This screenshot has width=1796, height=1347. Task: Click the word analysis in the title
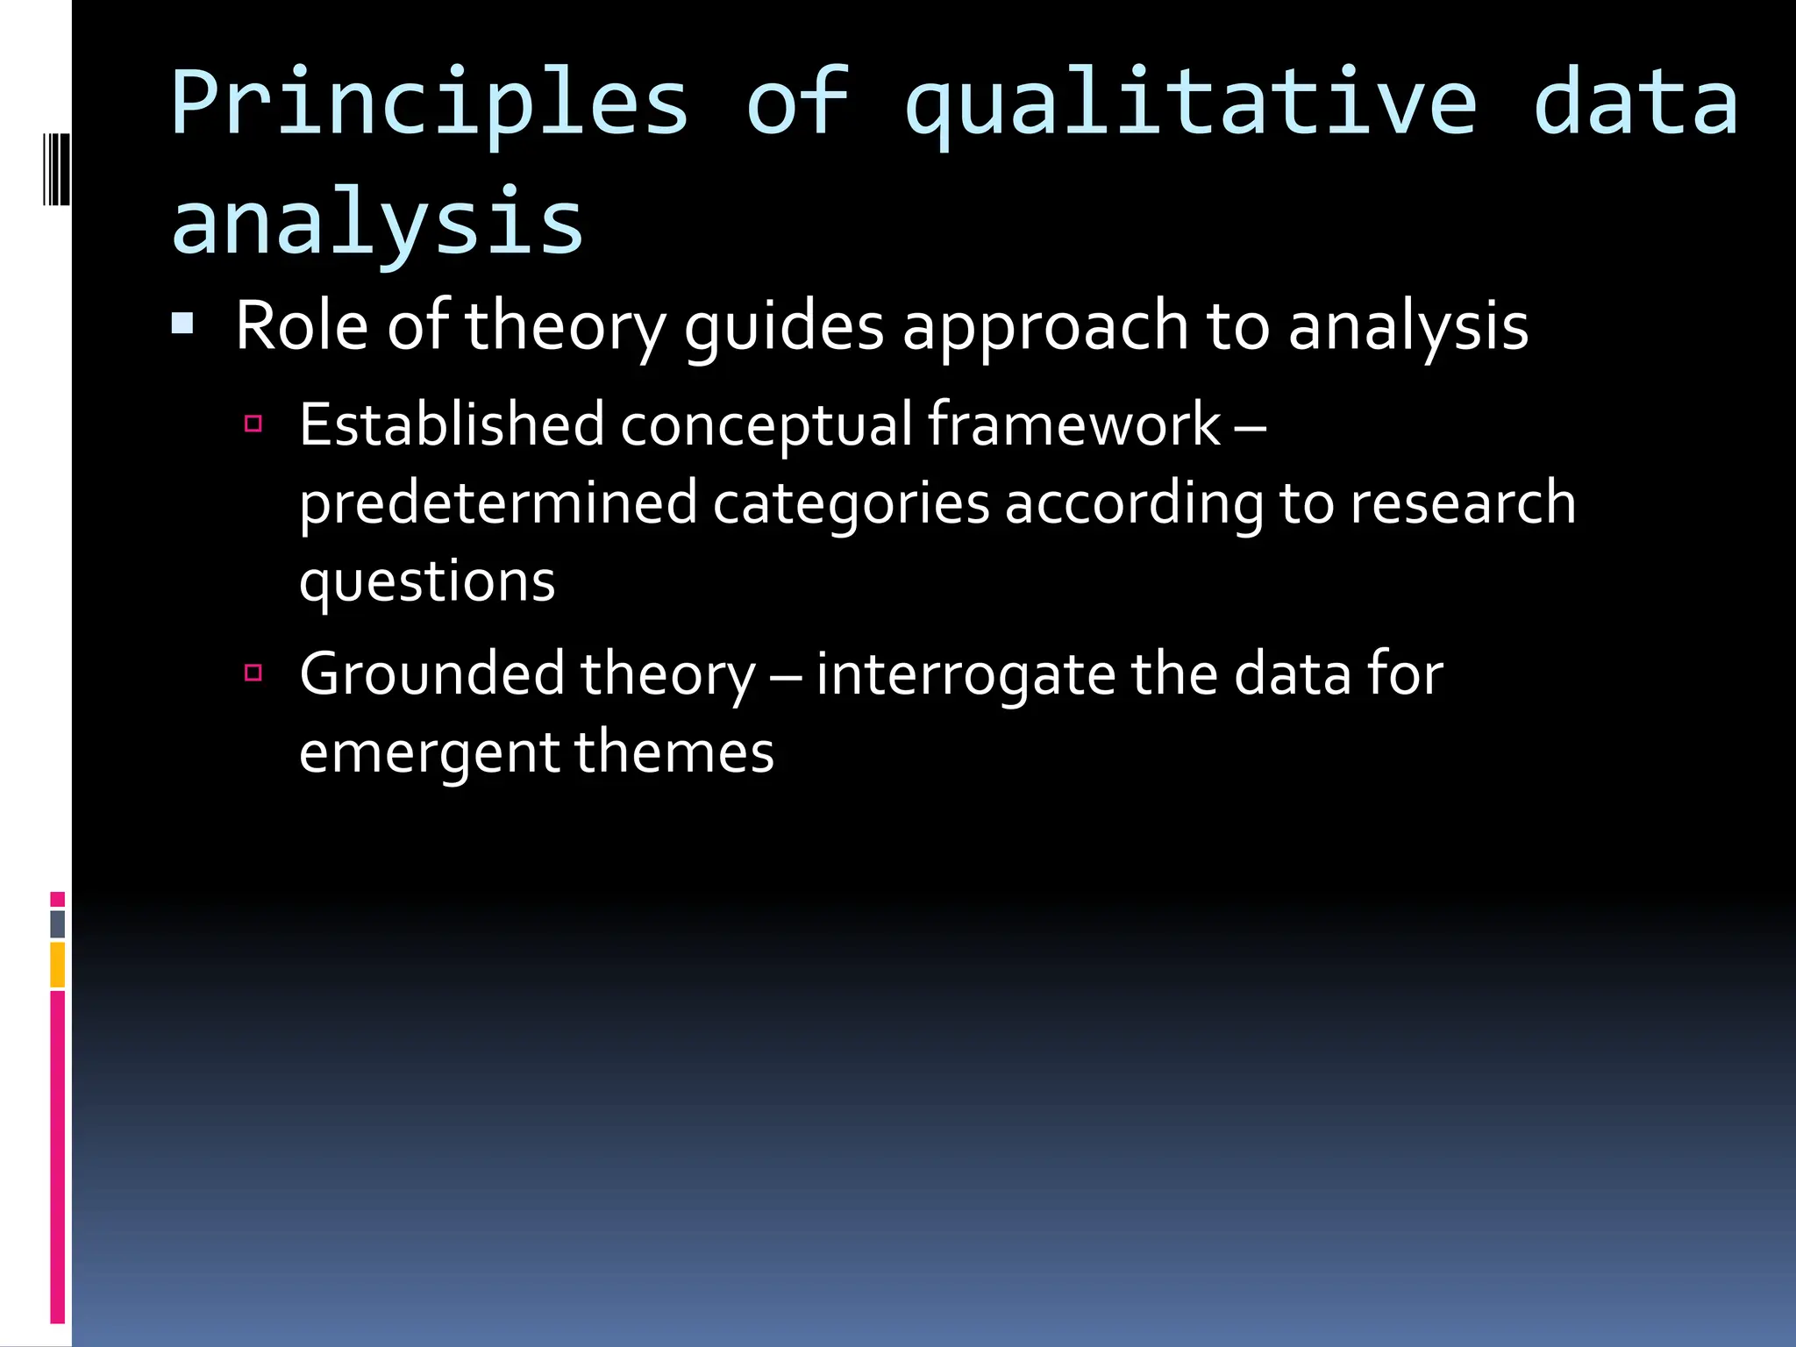377,224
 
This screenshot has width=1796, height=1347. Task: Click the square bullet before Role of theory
182,325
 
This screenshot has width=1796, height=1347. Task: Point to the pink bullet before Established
253,424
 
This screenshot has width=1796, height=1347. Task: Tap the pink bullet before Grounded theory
253,673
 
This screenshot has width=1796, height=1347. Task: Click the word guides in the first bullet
783,326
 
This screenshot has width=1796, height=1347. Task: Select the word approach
1044,326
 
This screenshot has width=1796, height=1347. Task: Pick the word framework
1073,424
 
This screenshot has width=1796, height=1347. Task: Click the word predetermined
498,503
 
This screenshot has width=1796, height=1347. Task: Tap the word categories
851,503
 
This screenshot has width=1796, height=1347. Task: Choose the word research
1462,503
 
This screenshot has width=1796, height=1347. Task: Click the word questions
427,582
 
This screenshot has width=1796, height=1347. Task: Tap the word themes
673,752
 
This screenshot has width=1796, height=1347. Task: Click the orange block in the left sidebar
58,965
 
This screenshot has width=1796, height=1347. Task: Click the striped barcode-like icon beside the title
56,169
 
